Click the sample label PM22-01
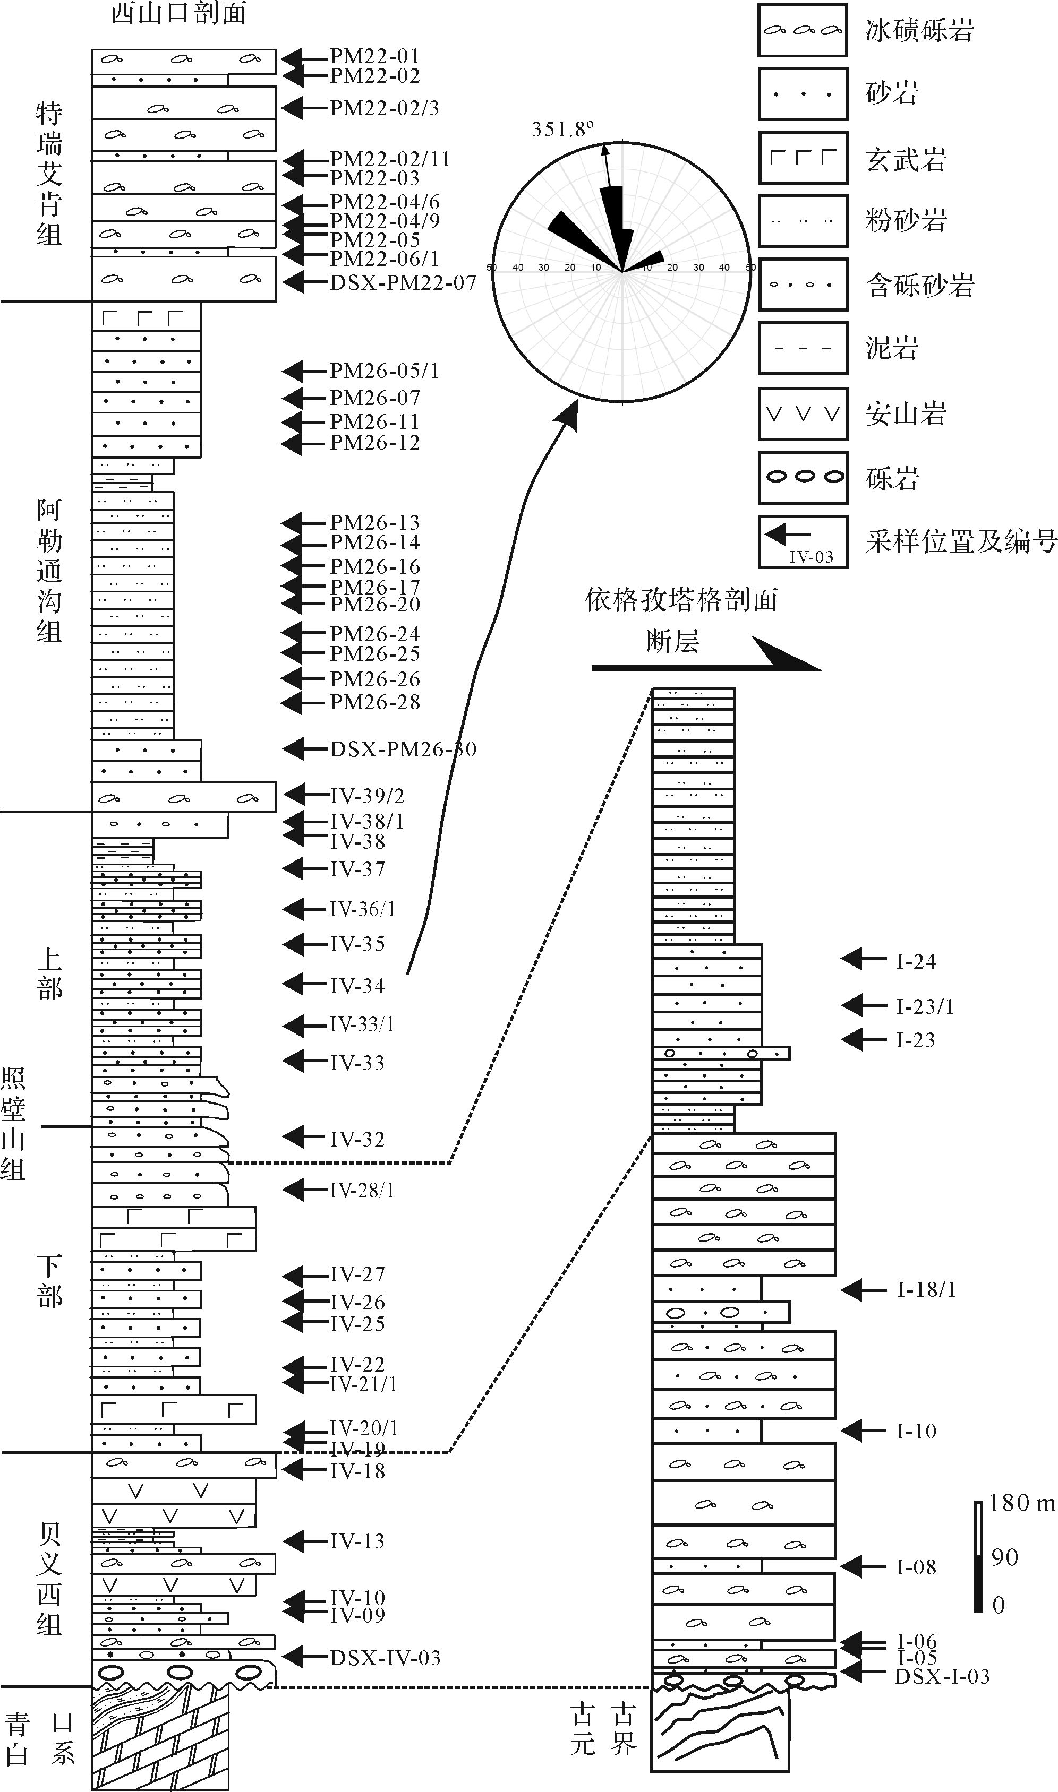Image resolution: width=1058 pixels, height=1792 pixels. click(x=374, y=56)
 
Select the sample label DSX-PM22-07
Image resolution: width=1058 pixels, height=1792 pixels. click(x=403, y=283)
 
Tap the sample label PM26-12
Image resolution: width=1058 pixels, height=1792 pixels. click(x=374, y=443)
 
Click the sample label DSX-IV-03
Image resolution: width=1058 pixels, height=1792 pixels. click(x=385, y=1658)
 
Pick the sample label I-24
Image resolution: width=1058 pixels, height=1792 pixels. click(x=916, y=962)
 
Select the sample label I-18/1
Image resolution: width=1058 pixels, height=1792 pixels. click(x=925, y=1290)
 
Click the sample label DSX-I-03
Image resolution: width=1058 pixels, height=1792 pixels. click(x=942, y=1677)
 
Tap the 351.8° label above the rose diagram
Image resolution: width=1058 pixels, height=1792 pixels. click(x=562, y=129)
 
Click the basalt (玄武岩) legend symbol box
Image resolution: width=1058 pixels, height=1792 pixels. click(x=803, y=158)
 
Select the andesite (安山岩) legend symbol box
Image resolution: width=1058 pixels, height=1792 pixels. click(x=803, y=414)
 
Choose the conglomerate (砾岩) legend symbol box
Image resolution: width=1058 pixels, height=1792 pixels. click(x=803, y=477)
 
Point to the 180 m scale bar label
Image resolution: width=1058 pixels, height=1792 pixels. click(x=1021, y=1503)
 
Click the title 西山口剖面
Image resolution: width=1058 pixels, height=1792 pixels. click(x=178, y=13)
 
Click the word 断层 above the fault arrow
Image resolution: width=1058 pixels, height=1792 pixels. click(x=672, y=642)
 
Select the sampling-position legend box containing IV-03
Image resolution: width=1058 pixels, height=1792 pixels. click(x=803, y=542)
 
